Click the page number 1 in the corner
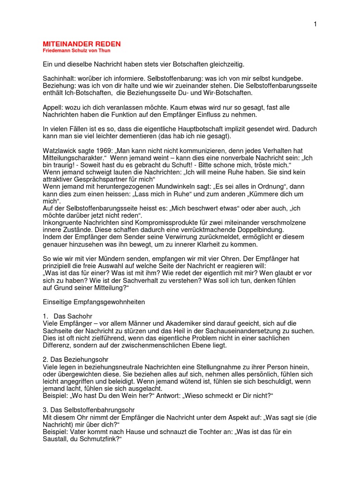coord(315,24)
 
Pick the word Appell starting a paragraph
coord(52,106)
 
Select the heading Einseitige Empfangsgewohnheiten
coord(94,302)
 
